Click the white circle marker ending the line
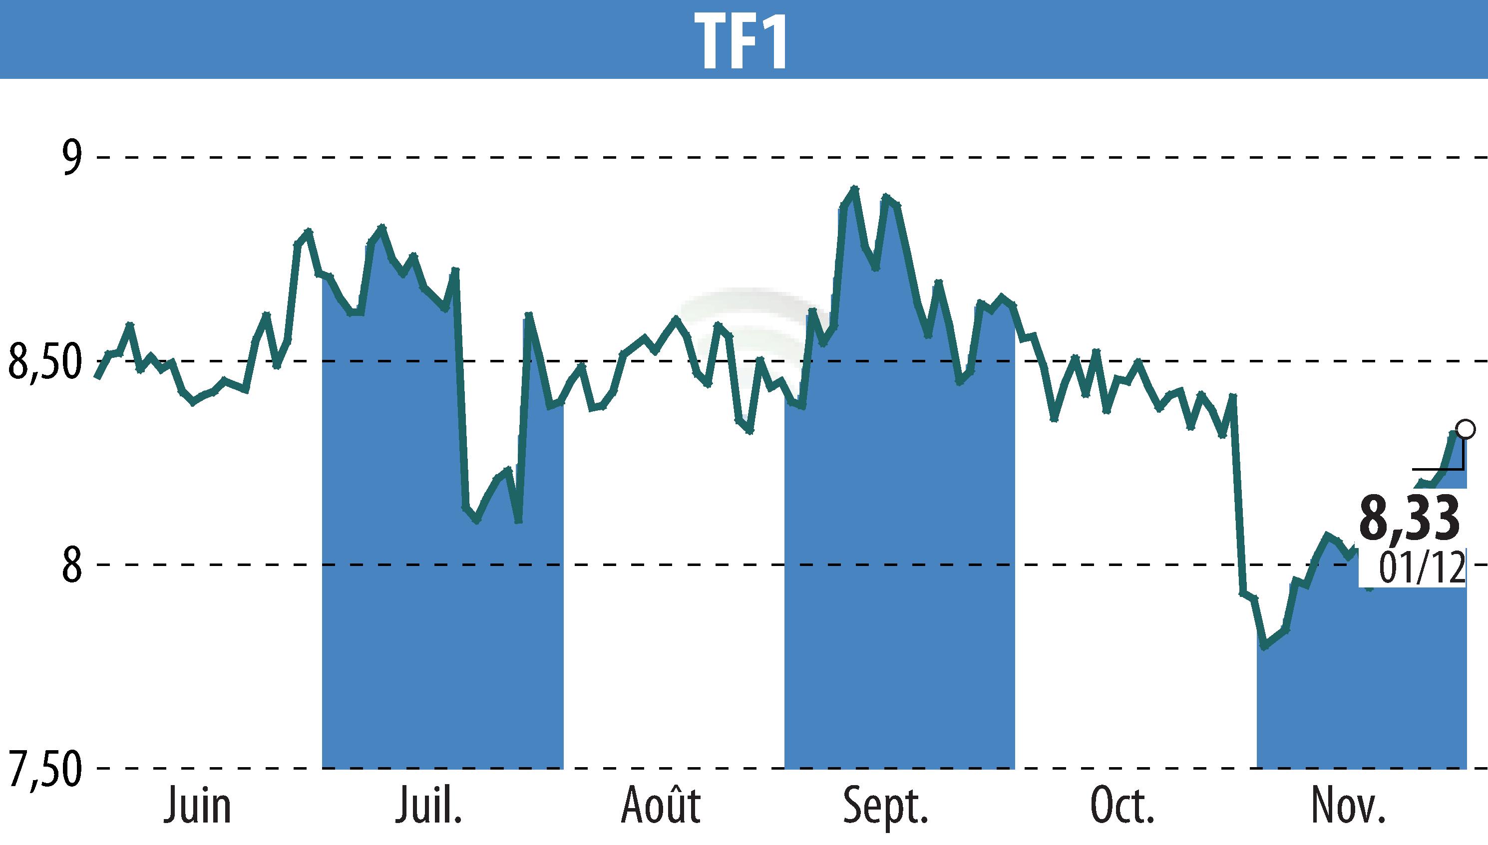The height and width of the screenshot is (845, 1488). click(1466, 429)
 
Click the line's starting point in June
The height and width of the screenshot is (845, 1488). click(97, 377)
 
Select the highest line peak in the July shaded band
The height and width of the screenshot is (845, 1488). click(381, 227)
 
